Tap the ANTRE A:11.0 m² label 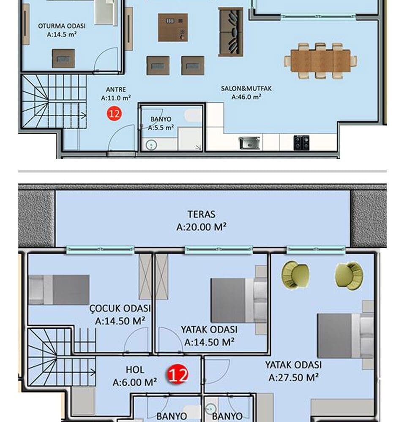116,94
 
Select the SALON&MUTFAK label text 246,89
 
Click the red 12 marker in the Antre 114,114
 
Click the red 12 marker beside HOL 178,374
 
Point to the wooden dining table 320,61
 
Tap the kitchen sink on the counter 249,143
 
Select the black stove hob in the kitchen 301,143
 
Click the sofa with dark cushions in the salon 231,32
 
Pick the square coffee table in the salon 173,27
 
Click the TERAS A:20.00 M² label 201,221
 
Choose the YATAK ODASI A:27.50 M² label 293,371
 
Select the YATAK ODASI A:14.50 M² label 209,335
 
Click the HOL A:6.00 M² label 135,376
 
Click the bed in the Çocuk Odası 59,289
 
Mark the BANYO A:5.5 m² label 161,123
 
